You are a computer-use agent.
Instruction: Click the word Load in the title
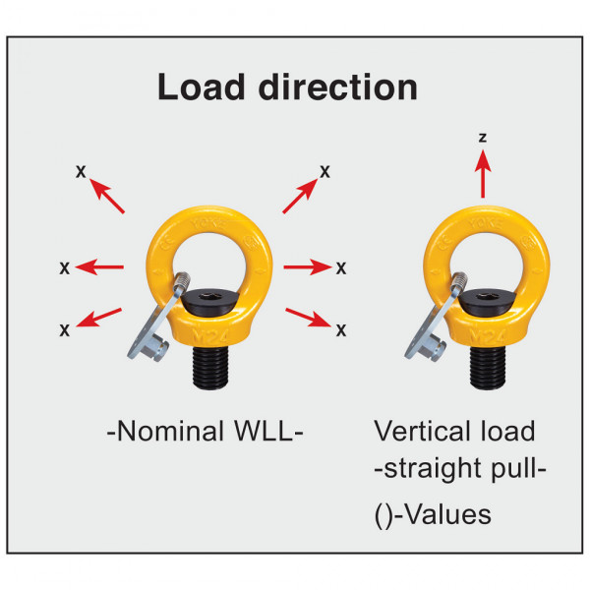pos(202,87)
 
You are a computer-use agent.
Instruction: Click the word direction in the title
pos(338,87)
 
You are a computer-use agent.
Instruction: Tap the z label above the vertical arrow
pos(483,138)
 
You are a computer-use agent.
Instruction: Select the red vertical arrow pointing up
pos(483,174)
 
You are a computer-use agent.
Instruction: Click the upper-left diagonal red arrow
pos(106,196)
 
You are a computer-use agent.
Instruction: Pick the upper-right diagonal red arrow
pos(300,196)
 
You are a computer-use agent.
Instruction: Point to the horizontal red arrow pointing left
pos(99,267)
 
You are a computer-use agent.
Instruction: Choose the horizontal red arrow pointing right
pos(308,267)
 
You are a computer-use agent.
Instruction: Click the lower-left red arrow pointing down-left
pos(98,318)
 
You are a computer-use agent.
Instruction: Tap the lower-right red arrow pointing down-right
pos(309,318)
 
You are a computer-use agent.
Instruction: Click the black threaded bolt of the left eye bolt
pos(210,367)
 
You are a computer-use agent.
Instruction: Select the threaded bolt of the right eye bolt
pos(488,367)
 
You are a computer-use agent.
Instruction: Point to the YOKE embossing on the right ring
pos(486,223)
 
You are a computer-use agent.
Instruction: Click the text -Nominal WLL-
pos(206,432)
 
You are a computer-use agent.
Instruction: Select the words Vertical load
pos(454,431)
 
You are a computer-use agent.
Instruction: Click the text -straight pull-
pos(460,469)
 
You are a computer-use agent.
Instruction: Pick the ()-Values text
pos(433,514)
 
